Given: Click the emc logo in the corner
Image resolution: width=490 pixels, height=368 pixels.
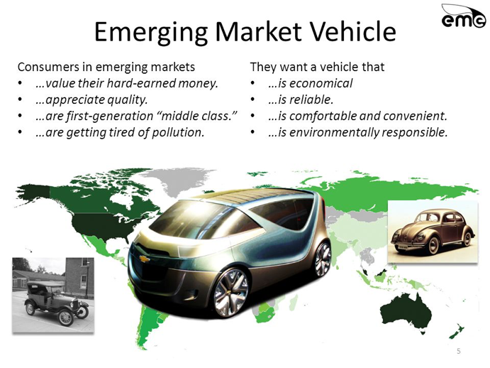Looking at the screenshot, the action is click(463, 16).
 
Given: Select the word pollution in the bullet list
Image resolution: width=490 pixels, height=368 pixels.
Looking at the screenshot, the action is click(177, 132).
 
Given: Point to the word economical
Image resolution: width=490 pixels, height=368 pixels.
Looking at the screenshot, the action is click(321, 83).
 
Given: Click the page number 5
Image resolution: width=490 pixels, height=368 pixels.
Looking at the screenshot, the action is click(458, 351).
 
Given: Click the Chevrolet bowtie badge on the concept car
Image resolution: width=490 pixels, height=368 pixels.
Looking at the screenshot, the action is click(144, 259).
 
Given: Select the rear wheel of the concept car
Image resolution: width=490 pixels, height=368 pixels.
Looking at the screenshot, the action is click(323, 259).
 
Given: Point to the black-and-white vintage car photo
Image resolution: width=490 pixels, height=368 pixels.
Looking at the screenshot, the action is click(53, 295).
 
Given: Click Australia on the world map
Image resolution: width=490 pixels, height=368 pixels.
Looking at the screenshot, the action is click(406, 312).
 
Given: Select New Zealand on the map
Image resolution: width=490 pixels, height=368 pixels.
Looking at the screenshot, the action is click(457, 332).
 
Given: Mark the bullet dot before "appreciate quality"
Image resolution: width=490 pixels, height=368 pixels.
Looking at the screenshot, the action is click(21, 99).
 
